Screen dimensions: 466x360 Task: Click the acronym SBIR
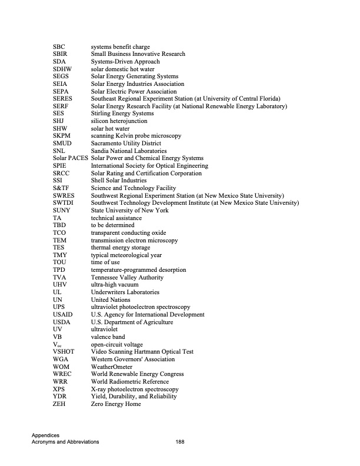61,54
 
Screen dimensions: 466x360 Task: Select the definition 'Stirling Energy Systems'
122,114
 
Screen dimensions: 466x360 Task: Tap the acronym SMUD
62,143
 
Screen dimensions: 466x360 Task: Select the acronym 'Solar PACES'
70,158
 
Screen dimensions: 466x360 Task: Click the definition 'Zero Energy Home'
116,404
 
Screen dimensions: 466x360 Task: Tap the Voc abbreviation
56,344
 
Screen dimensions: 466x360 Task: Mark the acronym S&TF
61,188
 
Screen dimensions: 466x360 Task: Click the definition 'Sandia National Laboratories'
129,151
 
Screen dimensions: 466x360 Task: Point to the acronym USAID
62,315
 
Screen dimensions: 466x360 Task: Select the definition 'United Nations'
112,299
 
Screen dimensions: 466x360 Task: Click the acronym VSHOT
63,352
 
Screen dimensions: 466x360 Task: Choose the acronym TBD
59,225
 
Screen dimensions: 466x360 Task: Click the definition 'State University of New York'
129,210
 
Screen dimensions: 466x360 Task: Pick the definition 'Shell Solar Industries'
119,181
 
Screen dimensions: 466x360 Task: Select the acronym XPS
59,389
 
